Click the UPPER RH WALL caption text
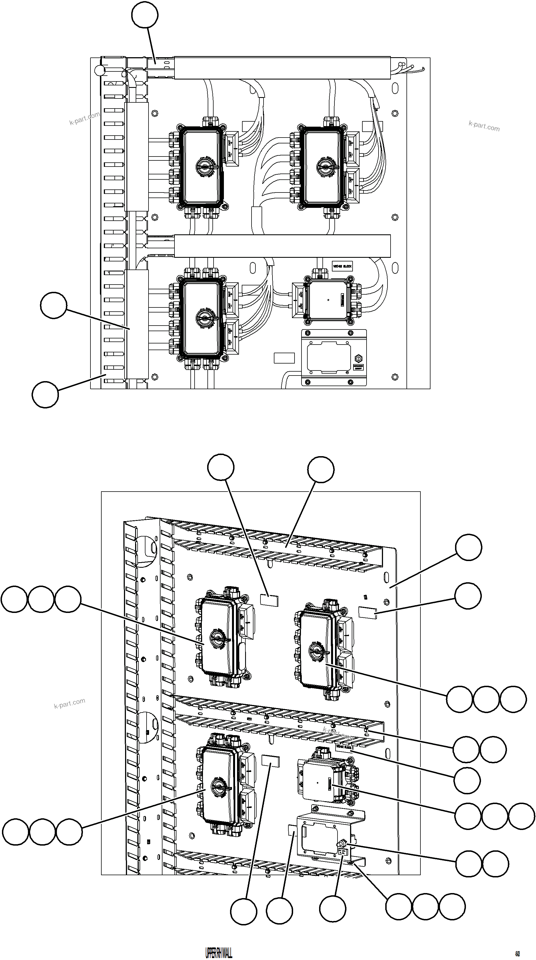click(x=219, y=950)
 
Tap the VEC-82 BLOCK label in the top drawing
click(x=342, y=266)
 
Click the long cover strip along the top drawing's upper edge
click(x=282, y=68)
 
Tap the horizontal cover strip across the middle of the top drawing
click(x=282, y=246)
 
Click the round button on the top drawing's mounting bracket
click(x=358, y=359)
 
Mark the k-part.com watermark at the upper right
click(x=484, y=126)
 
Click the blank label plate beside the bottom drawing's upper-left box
click(x=269, y=600)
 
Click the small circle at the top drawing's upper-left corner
click(x=100, y=70)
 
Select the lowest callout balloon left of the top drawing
click(x=45, y=394)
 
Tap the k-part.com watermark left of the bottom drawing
click(x=70, y=704)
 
